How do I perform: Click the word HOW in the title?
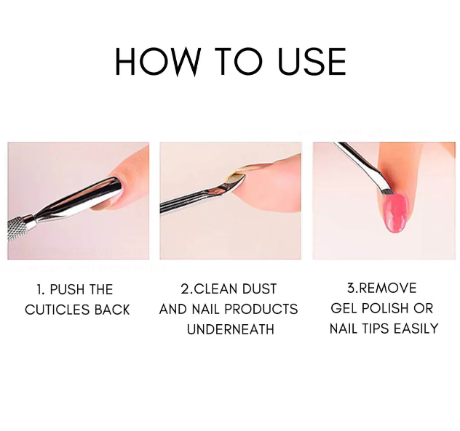coord(155,62)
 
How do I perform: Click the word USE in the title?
coord(312,62)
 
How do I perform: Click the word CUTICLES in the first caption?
coord(57,310)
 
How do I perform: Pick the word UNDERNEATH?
coord(231,329)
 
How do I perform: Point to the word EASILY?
coord(416,329)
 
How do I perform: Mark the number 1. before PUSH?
coord(41,289)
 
